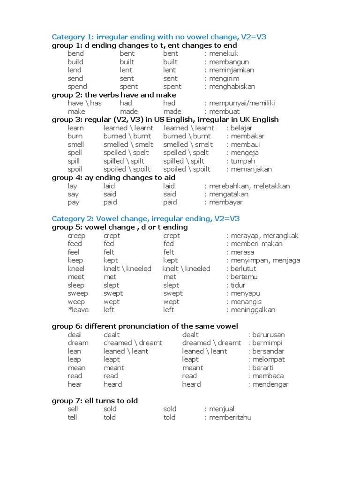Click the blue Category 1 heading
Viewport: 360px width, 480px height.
159,37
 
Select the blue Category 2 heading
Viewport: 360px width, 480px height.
146,219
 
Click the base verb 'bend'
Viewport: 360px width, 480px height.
75,54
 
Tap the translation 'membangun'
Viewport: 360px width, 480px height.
229,62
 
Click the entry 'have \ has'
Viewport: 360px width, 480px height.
84,103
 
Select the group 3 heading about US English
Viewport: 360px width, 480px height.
165,120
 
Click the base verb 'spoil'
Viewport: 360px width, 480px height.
75,169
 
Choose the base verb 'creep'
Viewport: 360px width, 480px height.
76,236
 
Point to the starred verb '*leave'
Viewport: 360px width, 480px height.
78,310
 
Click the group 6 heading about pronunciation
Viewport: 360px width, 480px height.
145,326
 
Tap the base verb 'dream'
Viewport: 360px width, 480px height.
77,343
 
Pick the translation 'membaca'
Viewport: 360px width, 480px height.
268,376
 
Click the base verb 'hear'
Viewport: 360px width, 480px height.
75,384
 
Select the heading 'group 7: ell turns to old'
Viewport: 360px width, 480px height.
95,401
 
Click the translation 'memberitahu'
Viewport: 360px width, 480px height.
230,417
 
